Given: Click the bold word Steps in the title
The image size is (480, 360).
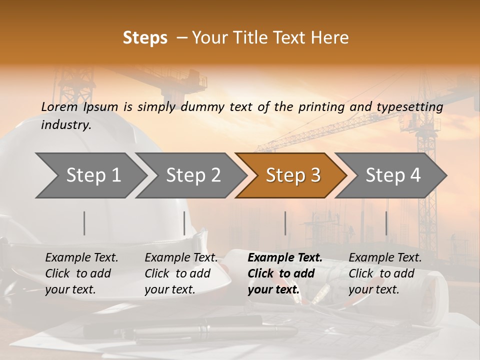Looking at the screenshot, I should point(145,38).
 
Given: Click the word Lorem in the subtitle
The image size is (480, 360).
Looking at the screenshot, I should point(59,106).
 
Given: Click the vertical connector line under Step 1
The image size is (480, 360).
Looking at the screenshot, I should point(84,223).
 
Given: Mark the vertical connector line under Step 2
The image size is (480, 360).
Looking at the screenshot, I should point(184,223).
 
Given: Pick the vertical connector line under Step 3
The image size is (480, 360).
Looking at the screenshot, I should point(285,223).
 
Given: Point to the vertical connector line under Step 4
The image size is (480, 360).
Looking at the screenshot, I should point(386,223).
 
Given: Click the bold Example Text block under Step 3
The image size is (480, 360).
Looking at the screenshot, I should point(285,273).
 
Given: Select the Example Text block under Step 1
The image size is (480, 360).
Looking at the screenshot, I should point(81,273).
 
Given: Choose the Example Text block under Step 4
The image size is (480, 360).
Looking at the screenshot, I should point(385,273).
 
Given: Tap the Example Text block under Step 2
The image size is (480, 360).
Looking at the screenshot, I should point(181,273).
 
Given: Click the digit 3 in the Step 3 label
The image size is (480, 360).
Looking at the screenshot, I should point(314,175).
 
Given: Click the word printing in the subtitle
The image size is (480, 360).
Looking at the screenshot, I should point(317,107).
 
